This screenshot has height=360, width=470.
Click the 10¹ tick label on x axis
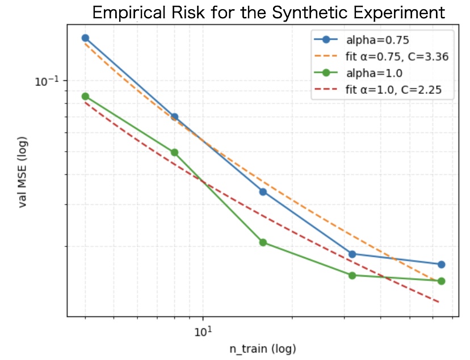(x=203, y=330)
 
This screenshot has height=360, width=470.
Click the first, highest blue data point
(x=85, y=38)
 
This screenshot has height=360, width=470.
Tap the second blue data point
(x=174, y=117)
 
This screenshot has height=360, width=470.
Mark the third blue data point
(x=263, y=191)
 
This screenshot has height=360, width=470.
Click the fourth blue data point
(x=352, y=254)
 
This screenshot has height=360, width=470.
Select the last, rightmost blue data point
(x=441, y=264)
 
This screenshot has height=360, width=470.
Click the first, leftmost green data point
(x=85, y=97)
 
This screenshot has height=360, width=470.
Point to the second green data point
(x=174, y=152)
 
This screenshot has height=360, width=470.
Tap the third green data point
(x=263, y=242)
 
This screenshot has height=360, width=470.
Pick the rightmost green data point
(x=441, y=281)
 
